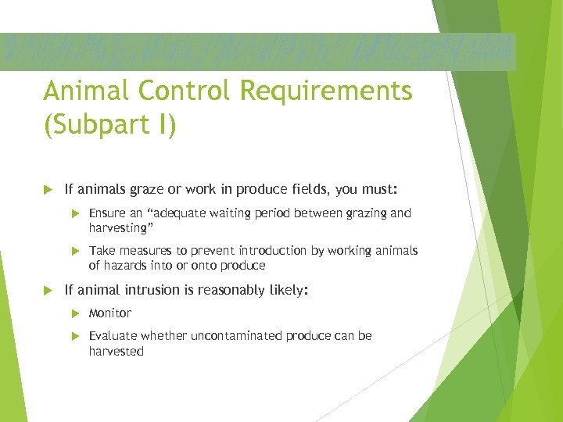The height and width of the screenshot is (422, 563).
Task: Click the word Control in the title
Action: pos(184,91)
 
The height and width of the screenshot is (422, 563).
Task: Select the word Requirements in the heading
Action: pos(327,91)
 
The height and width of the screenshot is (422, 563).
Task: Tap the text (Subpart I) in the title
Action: pos(109,126)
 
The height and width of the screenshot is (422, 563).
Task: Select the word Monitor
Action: pos(110,313)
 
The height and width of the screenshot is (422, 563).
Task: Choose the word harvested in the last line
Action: pos(117,351)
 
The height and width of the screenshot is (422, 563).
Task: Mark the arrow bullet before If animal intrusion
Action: pos(48,290)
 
